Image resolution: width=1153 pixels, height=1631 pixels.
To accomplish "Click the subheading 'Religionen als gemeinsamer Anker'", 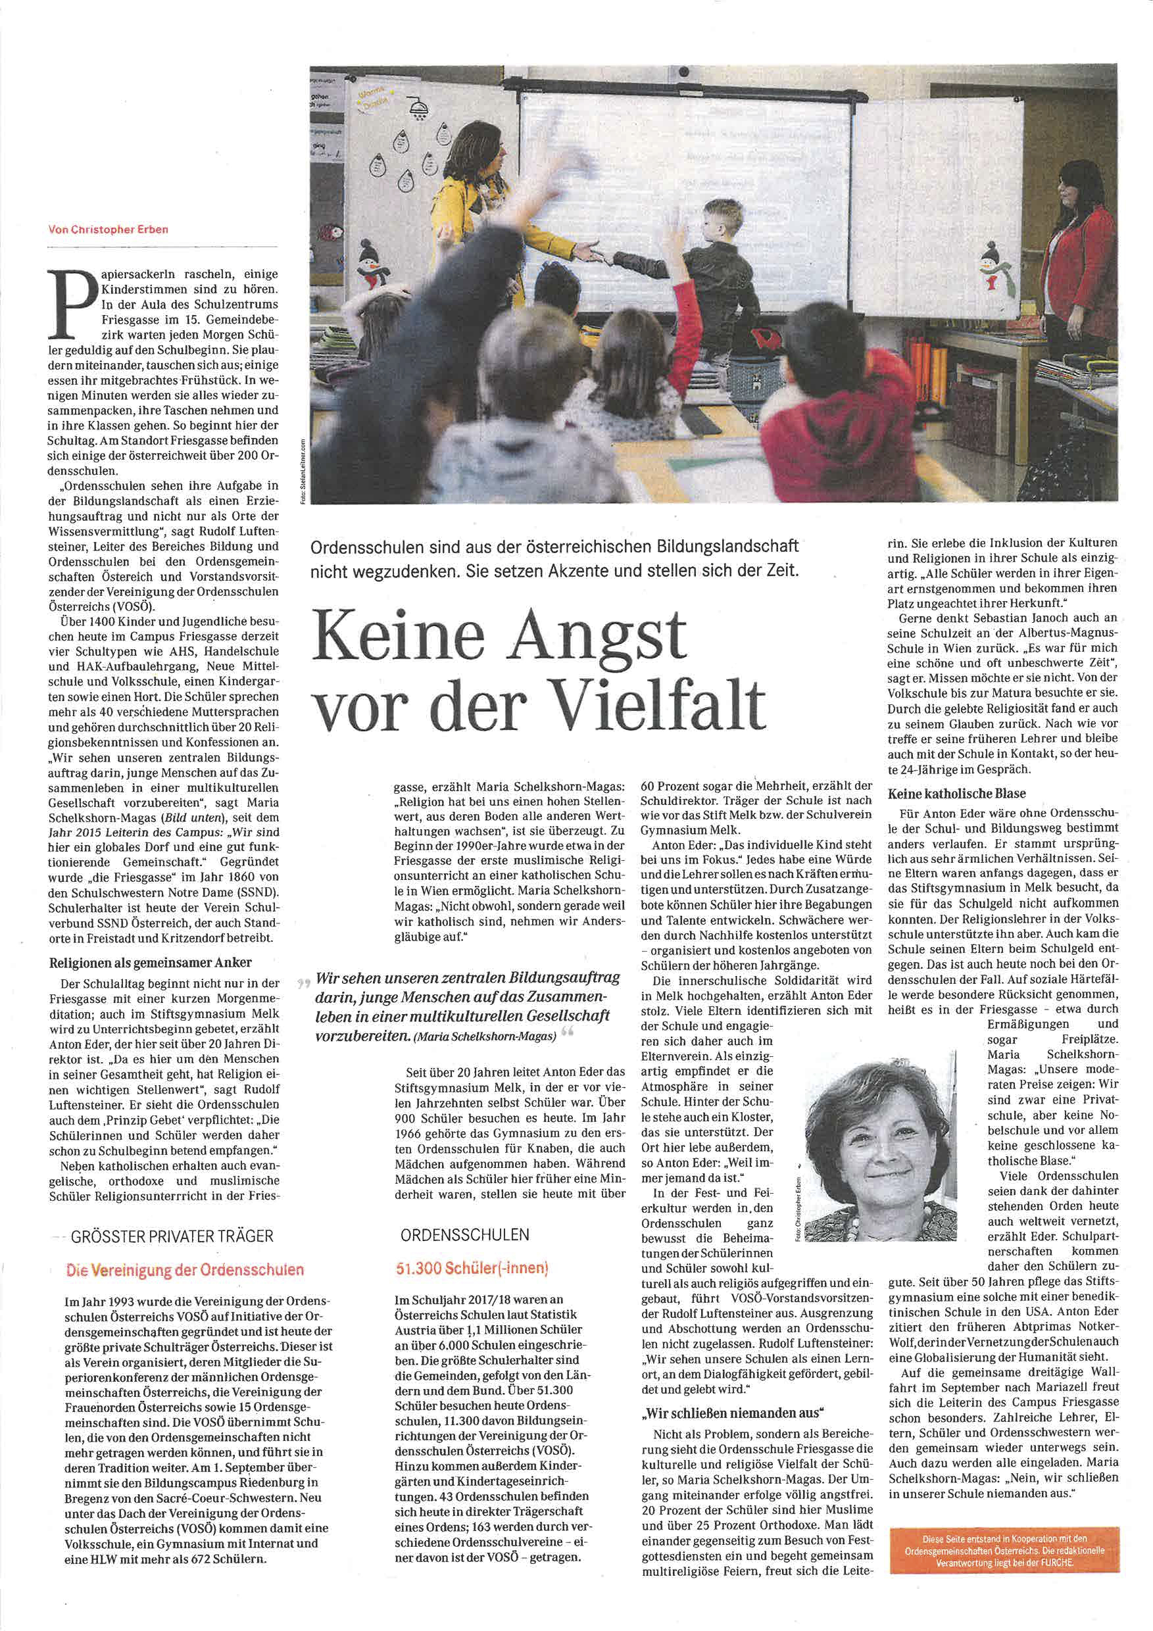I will point(151,963).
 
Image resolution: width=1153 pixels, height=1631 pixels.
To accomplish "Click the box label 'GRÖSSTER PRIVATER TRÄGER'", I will point(172,1236).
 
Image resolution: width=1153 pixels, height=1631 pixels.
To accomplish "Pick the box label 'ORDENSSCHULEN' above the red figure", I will point(464,1234).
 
